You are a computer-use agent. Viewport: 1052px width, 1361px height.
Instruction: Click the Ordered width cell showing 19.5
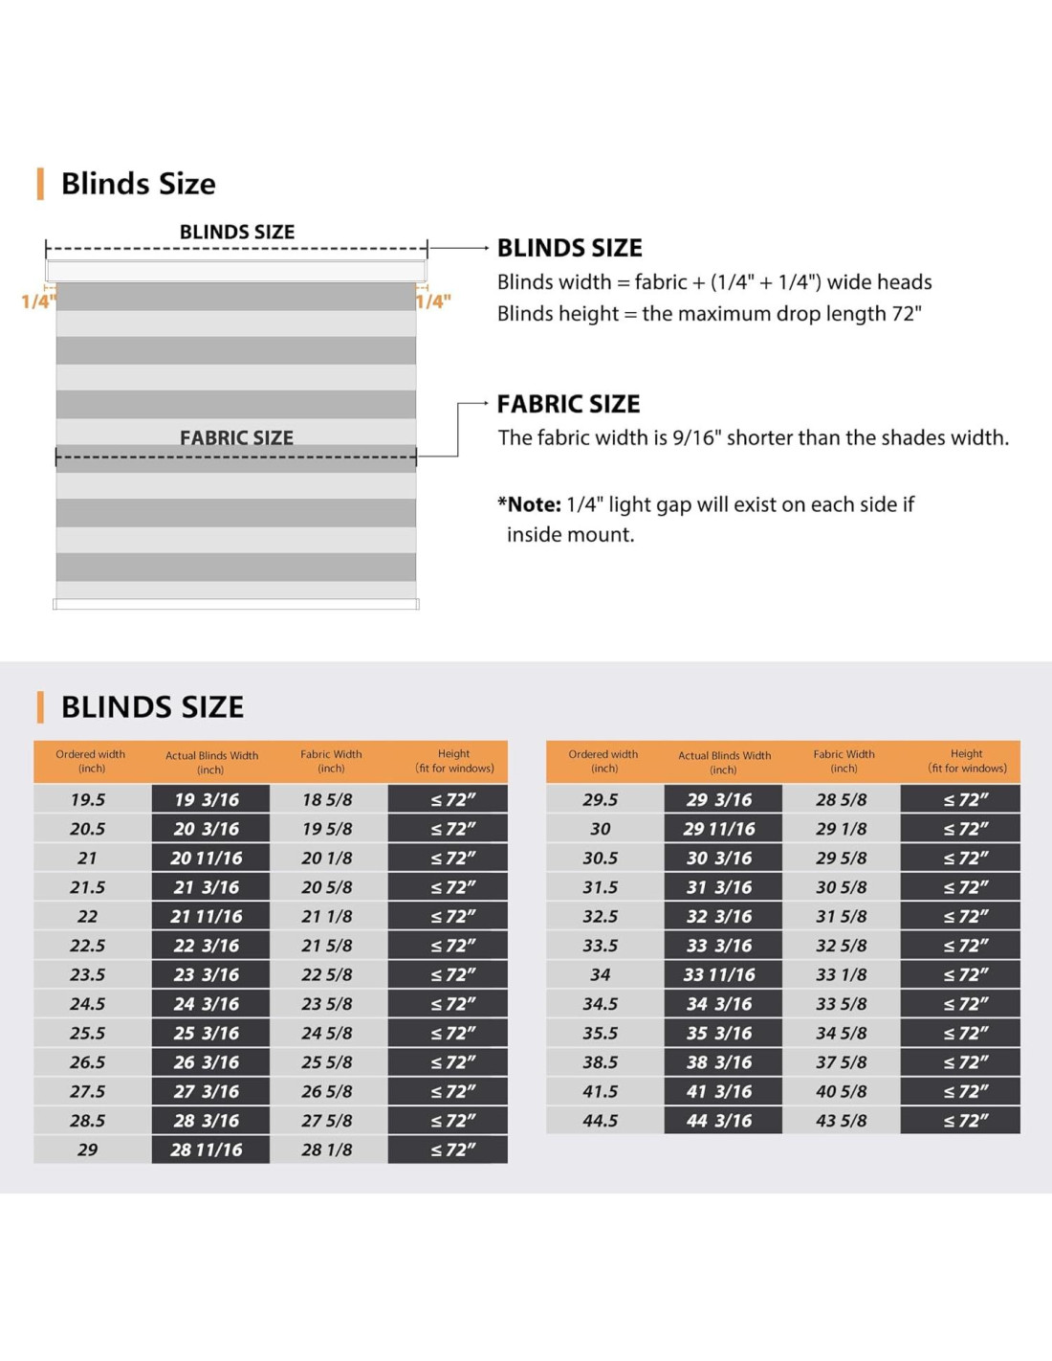(88, 799)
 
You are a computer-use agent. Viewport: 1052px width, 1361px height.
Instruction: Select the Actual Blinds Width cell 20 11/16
(207, 858)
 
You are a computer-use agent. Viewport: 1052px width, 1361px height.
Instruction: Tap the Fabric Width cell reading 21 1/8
(327, 916)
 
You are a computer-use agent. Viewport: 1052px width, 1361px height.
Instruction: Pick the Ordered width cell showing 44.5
(601, 1120)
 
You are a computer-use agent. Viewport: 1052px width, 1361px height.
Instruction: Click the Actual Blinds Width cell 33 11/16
(719, 974)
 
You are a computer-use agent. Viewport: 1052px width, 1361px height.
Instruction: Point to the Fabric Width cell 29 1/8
(842, 829)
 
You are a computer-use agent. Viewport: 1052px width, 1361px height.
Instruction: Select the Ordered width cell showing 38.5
(601, 1061)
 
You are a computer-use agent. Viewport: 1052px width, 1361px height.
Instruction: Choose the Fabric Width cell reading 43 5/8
(842, 1120)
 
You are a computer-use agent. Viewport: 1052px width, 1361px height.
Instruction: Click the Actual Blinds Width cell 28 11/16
(207, 1149)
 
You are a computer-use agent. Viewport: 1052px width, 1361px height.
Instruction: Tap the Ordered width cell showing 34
(601, 974)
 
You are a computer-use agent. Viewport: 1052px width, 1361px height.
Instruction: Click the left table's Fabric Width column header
(331, 761)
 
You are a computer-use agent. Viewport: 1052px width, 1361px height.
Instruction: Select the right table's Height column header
(966, 761)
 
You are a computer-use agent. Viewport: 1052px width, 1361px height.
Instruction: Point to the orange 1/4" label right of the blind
(433, 301)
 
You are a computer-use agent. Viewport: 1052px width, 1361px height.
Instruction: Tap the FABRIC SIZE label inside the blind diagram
(236, 437)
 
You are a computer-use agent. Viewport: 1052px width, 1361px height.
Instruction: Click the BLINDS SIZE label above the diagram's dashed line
(237, 232)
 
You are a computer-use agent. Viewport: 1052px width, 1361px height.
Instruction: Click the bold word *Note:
(529, 504)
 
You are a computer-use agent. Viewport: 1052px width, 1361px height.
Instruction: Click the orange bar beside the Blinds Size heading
(40, 184)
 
